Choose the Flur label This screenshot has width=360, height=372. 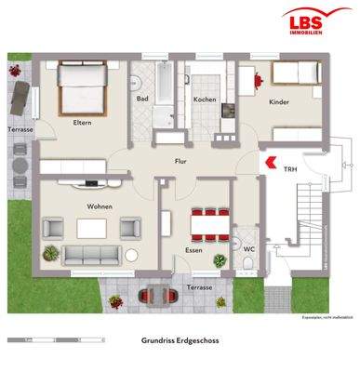tap(180, 160)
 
